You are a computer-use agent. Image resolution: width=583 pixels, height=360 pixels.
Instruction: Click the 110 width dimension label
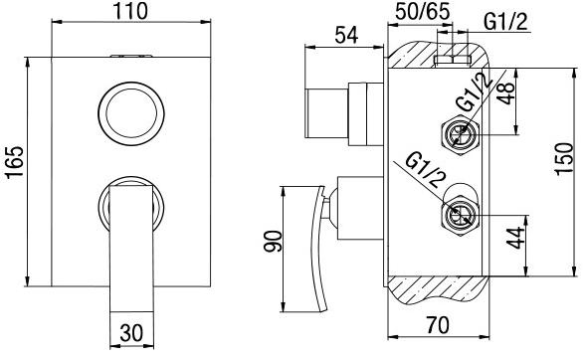(130, 11)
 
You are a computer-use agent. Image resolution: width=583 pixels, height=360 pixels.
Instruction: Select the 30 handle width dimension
(131, 332)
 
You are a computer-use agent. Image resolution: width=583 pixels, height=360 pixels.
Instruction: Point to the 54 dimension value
(346, 35)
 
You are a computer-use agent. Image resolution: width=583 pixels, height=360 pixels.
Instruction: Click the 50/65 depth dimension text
(422, 11)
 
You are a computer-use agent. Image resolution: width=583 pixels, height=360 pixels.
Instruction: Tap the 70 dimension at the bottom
(438, 325)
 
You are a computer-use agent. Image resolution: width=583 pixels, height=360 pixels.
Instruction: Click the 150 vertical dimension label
(564, 158)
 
